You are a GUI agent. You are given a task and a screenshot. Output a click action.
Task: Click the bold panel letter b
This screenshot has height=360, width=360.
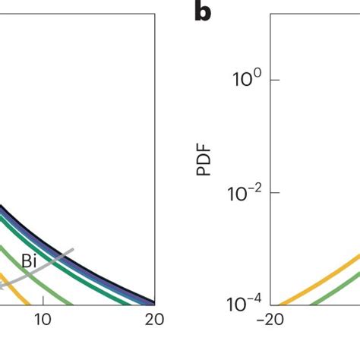pos(203,13)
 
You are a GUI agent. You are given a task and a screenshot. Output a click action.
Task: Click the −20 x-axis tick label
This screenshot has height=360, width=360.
pos(270,320)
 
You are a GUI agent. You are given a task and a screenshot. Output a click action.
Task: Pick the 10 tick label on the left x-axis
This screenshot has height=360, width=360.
pos(43,320)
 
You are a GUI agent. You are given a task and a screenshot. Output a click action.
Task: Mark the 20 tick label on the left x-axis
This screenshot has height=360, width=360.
pos(155,320)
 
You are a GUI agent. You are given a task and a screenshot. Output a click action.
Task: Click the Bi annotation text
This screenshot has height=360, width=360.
pos(30,261)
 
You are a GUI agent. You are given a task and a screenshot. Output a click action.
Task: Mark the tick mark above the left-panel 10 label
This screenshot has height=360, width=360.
pos(43,302)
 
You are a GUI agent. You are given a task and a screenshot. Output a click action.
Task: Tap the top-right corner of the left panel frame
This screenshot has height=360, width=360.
pos(156,14)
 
